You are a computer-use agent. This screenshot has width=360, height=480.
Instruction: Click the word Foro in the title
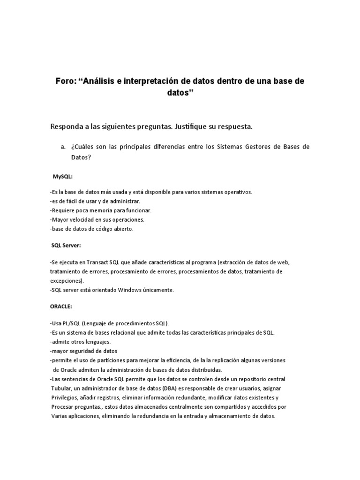point(67,81)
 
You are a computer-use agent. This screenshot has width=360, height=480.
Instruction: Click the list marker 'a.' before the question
point(63,147)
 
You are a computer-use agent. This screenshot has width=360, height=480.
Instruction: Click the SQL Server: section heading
point(66,245)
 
